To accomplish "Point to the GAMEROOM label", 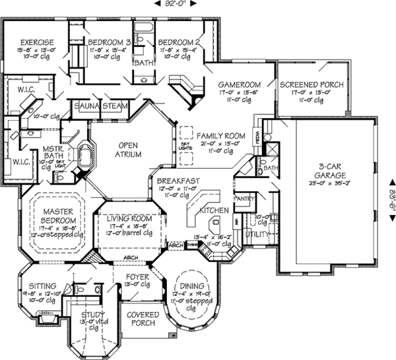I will [x=241, y=85].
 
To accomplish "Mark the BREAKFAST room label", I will [x=173, y=180].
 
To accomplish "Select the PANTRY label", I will [x=245, y=197].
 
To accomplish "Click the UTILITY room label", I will [x=257, y=234].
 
